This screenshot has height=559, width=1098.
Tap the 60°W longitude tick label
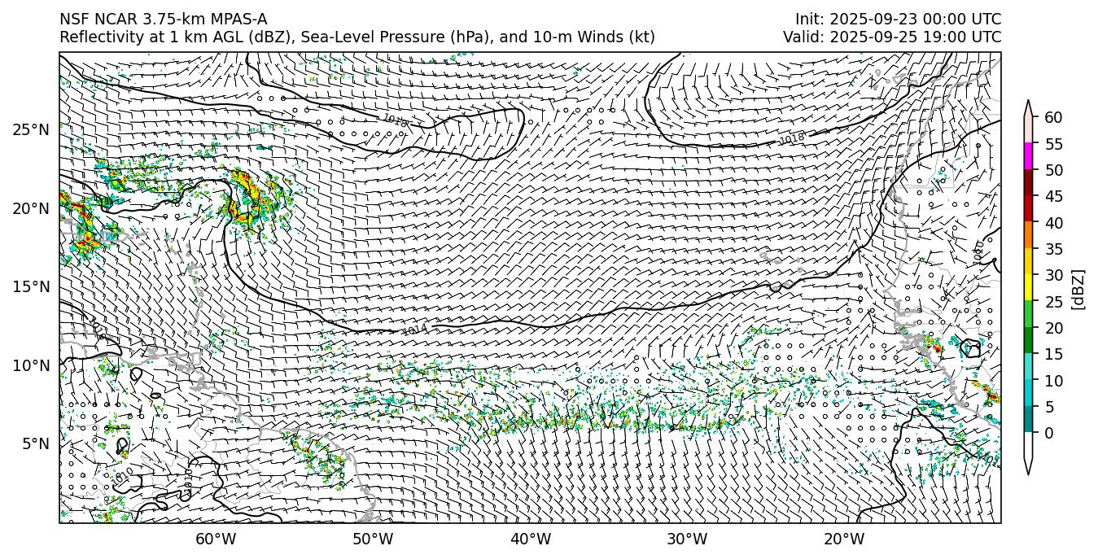[216, 539]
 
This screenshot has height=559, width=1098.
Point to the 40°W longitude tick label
[531, 539]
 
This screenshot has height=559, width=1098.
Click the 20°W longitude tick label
[844, 539]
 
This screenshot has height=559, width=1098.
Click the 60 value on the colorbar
[1053, 117]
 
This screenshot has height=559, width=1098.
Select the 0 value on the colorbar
[1049, 433]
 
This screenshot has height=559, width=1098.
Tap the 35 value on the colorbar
[1053, 249]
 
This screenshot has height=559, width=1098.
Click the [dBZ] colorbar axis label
[1078, 289]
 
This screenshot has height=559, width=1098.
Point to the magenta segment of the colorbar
[1028, 155]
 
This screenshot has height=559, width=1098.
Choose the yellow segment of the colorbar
[1028, 287]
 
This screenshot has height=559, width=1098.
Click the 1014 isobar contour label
[415, 330]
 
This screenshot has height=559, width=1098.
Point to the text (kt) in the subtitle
[642, 37]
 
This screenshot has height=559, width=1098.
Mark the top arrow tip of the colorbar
[1028, 102]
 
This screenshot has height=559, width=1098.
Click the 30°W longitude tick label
[687, 539]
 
